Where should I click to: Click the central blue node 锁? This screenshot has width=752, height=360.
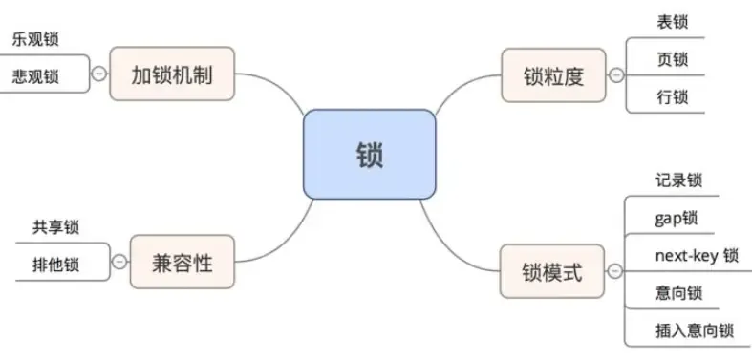click(369, 155)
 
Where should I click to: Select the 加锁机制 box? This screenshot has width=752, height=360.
click(172, 74)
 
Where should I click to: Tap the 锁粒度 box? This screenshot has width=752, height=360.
click(554, 75)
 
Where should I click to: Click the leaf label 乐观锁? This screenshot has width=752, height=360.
click(36, 40)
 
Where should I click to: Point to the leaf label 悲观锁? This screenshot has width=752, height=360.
click(36, 75)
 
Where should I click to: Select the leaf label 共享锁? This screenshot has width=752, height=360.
click(55, 227)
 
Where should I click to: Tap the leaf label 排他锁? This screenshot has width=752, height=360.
click(55, 263)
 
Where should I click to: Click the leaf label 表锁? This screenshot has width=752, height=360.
click(672, 22)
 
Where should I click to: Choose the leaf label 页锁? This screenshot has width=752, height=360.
click(672, 59)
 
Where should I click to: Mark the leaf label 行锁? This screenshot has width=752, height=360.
click(672, 96)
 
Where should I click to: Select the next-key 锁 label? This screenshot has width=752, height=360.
click(697, 255)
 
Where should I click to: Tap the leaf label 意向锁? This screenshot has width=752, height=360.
click(679, 293)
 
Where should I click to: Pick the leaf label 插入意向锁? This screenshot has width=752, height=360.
click(694, 330)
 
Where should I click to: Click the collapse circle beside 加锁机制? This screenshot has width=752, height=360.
click(100, 72)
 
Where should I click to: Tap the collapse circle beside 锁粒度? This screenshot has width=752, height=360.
click(616, 74)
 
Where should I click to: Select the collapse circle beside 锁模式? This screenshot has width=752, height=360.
click(615, 272)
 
